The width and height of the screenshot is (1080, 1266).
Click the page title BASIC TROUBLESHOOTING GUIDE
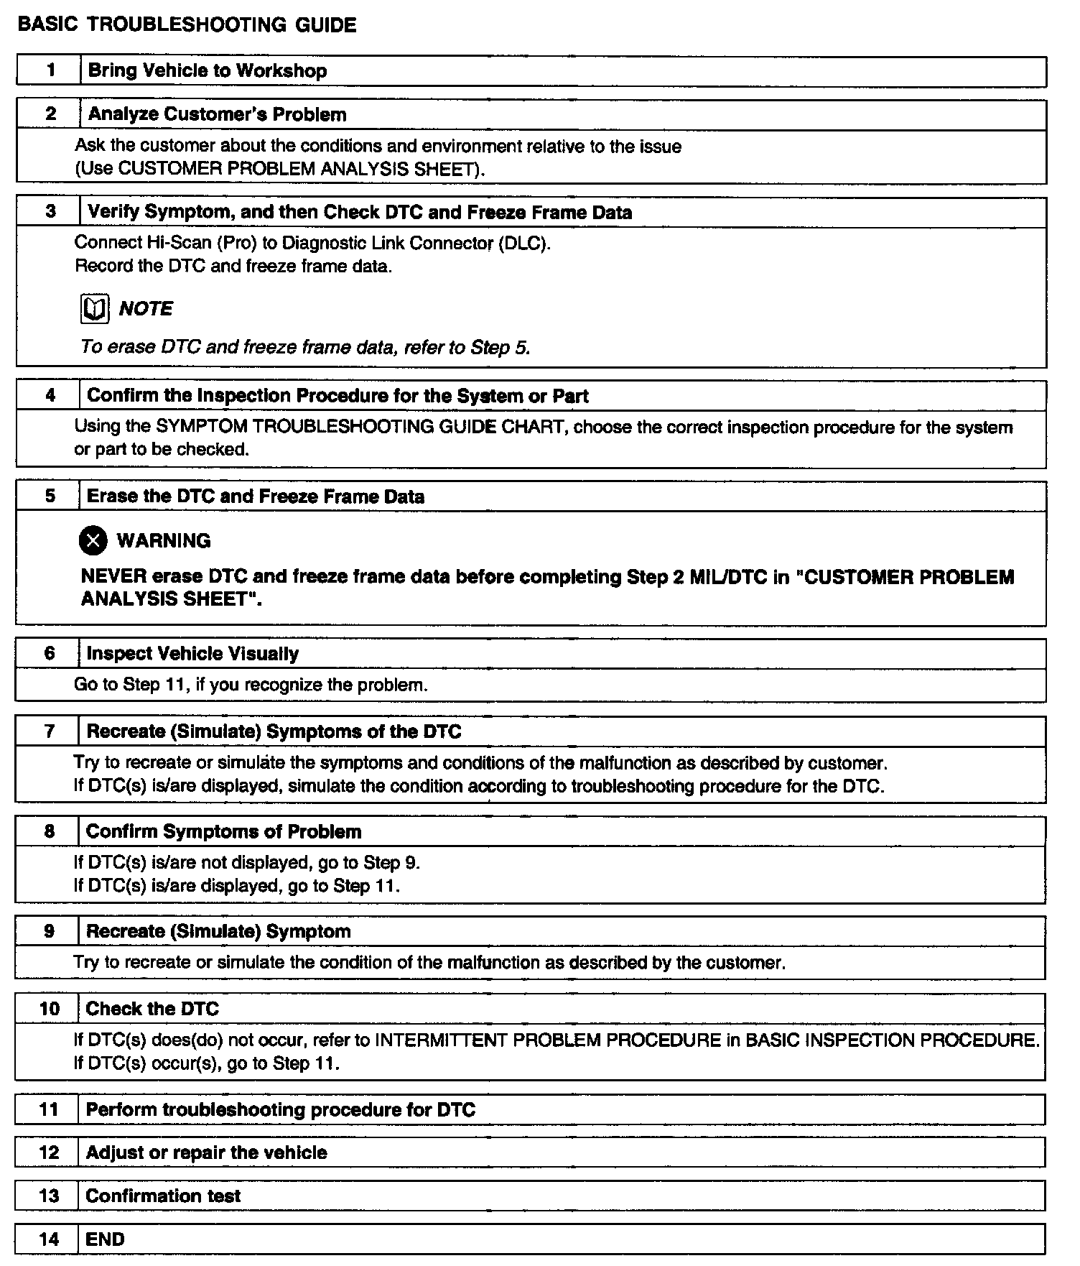tap(187, 25)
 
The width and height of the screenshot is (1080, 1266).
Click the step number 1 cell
tap(50, 70)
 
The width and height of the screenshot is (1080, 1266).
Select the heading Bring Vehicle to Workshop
tap(207, 70)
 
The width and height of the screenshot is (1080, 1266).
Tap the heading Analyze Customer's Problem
tap(217, 114)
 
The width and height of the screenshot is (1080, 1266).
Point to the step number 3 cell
tap(50, 212)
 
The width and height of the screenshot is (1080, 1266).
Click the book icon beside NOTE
tap(94, 309)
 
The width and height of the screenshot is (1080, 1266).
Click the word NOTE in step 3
tap(146, 309)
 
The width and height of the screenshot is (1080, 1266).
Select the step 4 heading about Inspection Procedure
tap(337, 396)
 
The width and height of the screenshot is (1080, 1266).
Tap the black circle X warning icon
tap(93, 541)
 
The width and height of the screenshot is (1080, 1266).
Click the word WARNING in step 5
tap(164, 541)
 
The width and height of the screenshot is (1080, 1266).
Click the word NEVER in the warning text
tap(106, 577)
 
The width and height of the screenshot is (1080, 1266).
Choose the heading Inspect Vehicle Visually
tap(192, 653)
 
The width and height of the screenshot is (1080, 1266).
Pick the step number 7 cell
tap(49, 731)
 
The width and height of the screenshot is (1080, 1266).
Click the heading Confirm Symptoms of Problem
tap(223, 831)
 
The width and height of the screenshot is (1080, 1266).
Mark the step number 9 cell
tap(49, 931)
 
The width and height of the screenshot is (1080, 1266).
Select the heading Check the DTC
tap(152, 1009)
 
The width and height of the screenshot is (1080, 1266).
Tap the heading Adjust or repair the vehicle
tap(206, 1152)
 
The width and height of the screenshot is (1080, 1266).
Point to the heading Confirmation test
tap(163, 1196)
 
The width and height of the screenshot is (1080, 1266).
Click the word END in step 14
tap(105, 1239)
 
